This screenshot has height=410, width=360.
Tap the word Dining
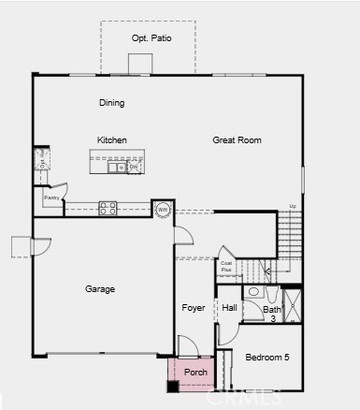(x=112, y=103)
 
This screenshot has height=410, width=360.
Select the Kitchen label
(x=112, y=140)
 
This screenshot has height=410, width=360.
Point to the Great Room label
(x=237, y=140)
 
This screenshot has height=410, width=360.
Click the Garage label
(x=100, y=289)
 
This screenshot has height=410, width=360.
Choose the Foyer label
(x=194, y=308)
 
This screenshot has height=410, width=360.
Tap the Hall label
(x=229, y=308)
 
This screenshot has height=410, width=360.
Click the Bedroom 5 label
(x=267, y=358)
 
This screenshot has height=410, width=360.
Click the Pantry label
(x=51, y=198)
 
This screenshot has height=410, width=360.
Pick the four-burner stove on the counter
(x=108, y=208)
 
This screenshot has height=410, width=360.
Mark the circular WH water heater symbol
(x=163, y=209)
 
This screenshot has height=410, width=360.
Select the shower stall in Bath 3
(x=293, y=306)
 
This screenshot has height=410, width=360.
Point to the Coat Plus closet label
(x=226, y=267)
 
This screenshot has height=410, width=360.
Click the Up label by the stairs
(x=293, y=206)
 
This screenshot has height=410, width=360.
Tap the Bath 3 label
(x=272, y=314)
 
